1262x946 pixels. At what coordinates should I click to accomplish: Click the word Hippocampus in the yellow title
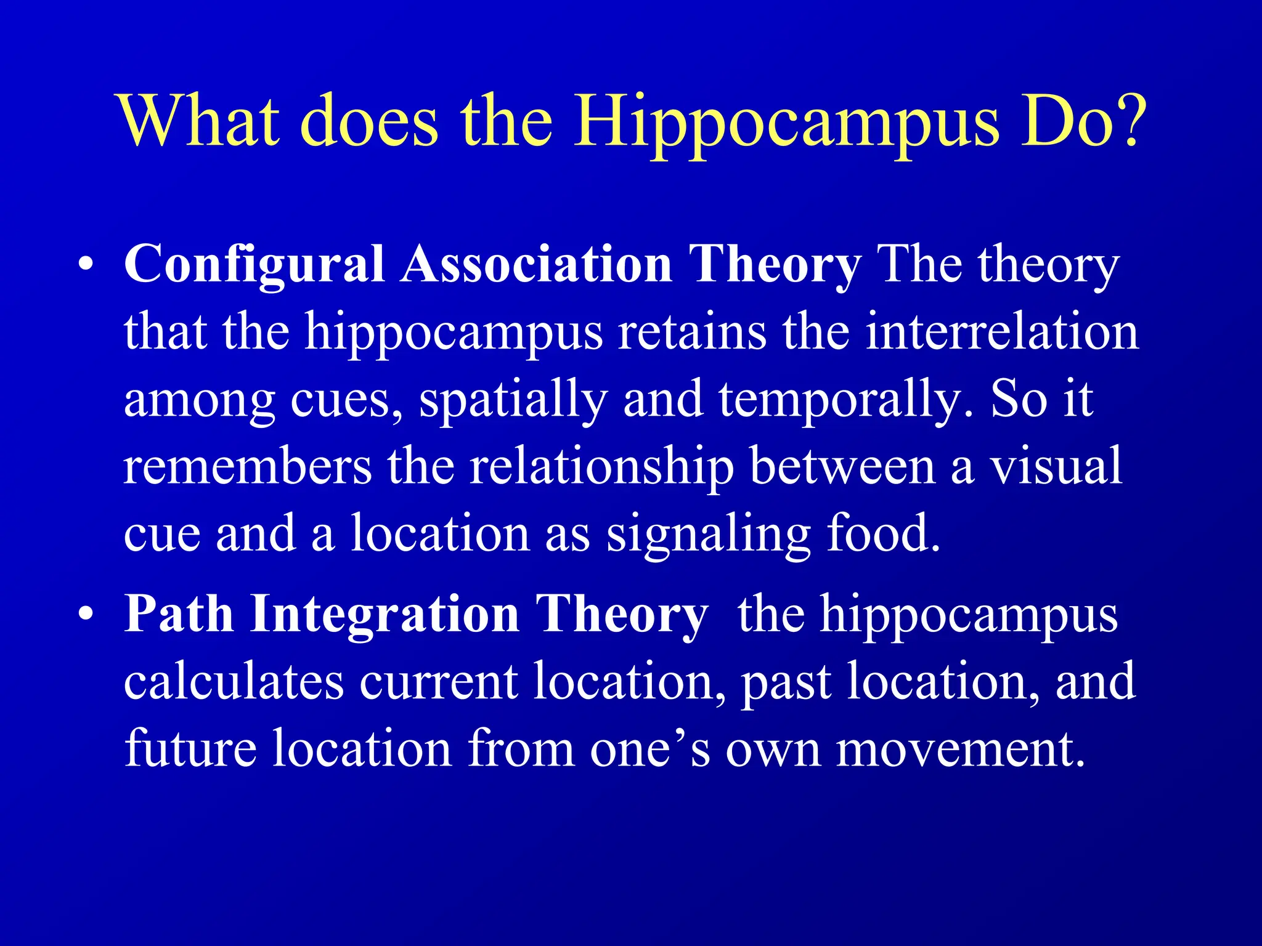pos(785,123)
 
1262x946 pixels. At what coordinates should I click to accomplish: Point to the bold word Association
pos(536,265)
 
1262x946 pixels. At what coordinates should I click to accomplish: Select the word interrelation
pos(1002,333)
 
